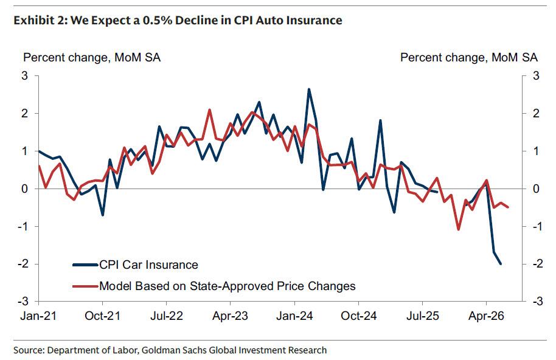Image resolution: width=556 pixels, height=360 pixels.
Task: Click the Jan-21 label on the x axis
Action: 38,316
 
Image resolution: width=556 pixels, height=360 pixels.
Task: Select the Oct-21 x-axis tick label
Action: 102,316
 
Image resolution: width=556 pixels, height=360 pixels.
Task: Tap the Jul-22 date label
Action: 166,316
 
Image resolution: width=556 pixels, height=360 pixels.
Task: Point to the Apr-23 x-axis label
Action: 230,316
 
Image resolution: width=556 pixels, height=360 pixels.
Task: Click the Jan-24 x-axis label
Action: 294,316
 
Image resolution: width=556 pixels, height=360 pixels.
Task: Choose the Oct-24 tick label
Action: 358,316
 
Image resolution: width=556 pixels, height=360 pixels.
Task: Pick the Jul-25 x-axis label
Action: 423,316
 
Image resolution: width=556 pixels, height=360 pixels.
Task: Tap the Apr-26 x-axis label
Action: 486,316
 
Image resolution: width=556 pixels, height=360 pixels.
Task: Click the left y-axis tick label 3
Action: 24,75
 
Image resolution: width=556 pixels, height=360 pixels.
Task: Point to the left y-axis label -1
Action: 22,226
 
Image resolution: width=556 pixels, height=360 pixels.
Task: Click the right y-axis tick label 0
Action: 536,189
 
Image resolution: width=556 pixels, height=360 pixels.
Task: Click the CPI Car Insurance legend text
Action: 148,265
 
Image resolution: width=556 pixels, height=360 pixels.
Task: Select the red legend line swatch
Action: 85,286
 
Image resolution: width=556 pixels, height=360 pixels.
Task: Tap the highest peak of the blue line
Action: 309,89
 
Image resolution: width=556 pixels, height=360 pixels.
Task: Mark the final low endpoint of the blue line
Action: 501,264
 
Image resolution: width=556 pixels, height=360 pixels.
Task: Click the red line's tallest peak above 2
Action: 209,110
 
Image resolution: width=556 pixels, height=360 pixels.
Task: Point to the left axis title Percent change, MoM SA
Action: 92,57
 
